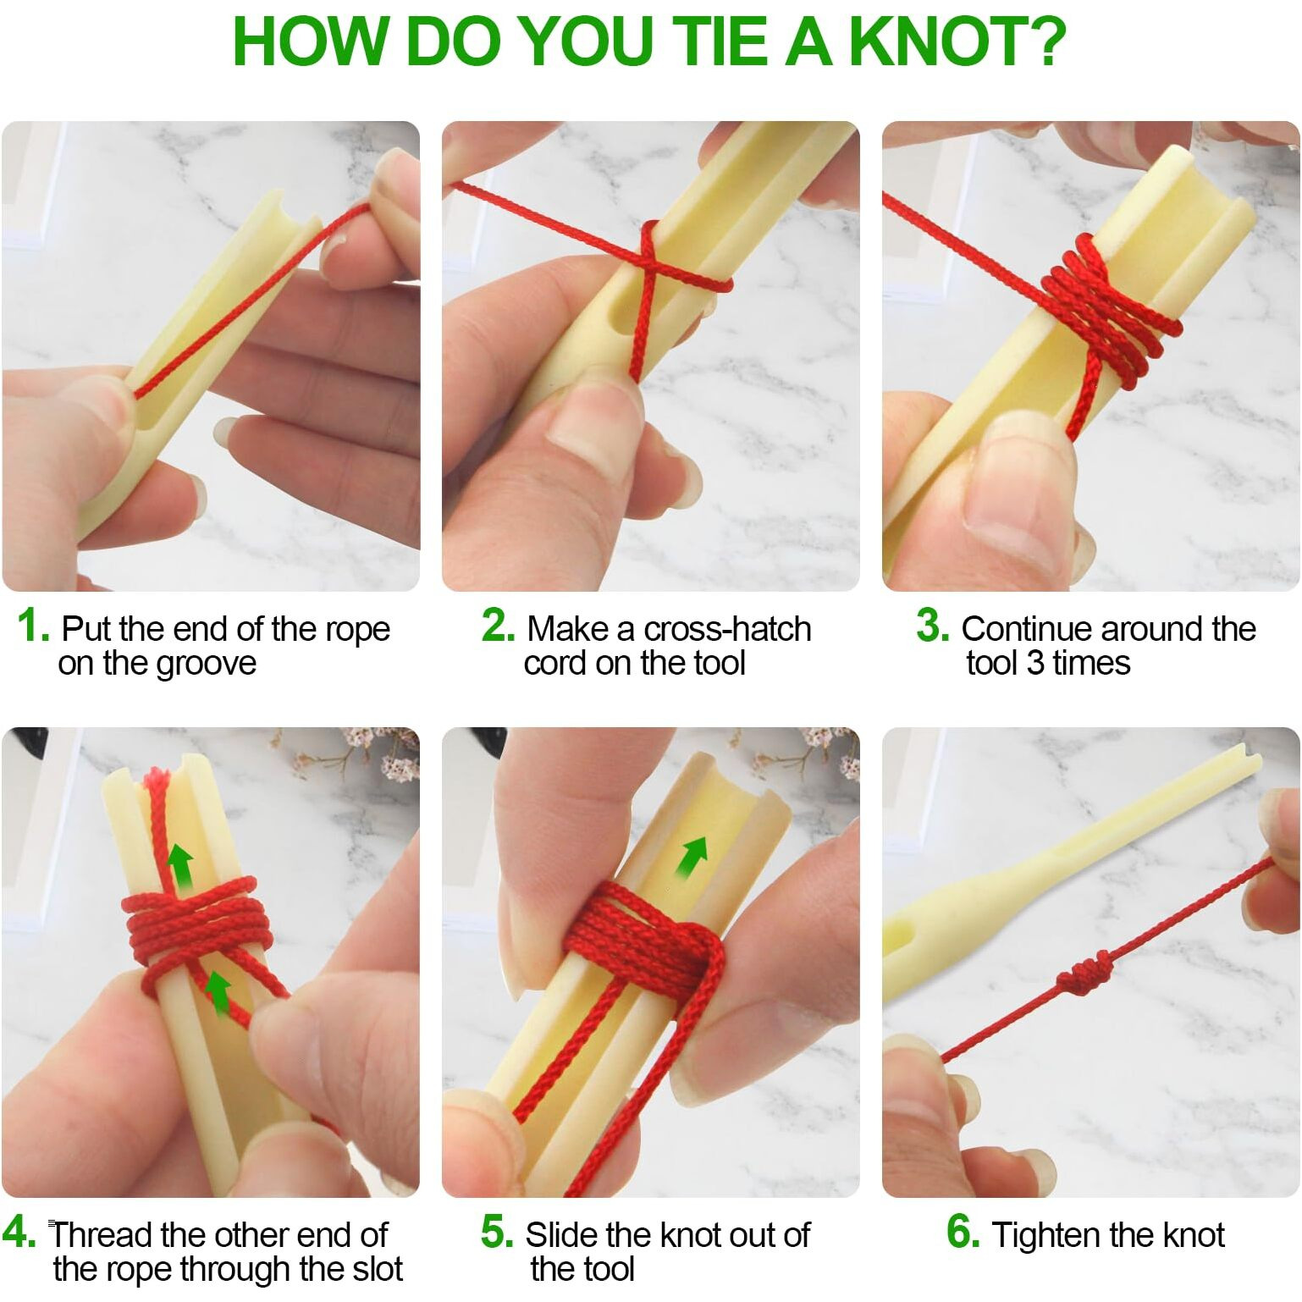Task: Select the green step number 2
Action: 498,626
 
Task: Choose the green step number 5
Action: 497,1233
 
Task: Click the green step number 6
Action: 963,1233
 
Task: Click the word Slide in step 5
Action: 560,1235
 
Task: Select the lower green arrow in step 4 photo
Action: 218,991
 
